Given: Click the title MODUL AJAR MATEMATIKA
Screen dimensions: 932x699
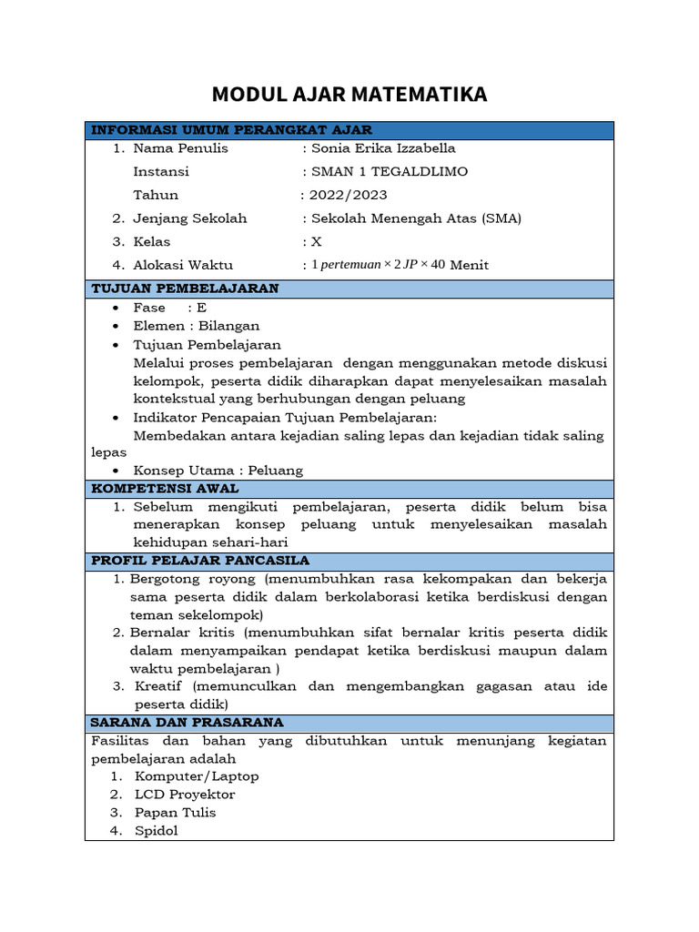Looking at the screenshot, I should (349, 94).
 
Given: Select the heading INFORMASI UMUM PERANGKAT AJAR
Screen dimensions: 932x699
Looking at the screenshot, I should (232, 130).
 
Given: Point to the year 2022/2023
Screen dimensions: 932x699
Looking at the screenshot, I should (348, 195).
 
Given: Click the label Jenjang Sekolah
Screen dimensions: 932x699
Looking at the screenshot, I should (189, 218).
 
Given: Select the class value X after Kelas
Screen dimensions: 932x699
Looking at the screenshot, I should (317, 242).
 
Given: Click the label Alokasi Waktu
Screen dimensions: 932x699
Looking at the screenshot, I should (183, 266).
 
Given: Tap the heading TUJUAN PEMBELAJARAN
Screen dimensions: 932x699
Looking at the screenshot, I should (186, 289).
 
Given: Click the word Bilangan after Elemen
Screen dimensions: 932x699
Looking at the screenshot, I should (229, 326).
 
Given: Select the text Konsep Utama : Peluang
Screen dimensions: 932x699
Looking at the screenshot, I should (218, 471).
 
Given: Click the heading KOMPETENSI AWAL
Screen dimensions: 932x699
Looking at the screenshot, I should (166, 489).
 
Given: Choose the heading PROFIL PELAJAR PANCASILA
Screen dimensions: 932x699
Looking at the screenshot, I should (201, 560).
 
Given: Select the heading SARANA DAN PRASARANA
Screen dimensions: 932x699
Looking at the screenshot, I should (187, 723).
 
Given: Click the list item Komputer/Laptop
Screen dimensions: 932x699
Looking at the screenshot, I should (197, 776).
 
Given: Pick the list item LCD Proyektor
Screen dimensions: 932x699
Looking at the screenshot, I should (185, 795).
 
